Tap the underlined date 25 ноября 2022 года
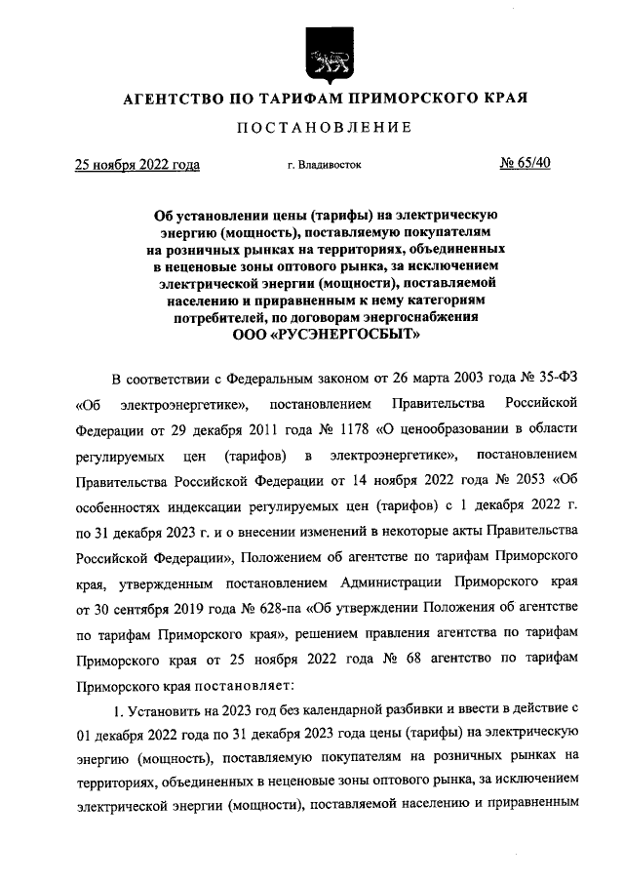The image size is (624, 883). point(137,164)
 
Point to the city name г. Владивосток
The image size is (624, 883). point(324,165)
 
